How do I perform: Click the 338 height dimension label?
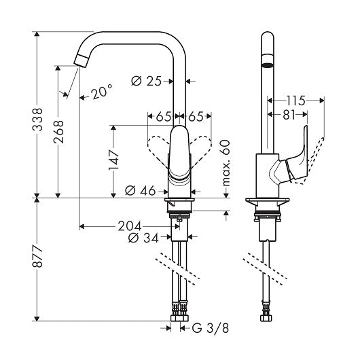(37, 120)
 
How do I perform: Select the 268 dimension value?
(58, 132)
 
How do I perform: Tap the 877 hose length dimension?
(37, 256)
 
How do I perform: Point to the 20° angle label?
(101, 92)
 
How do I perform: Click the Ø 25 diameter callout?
(146, 81)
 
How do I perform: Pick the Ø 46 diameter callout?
(141, 191)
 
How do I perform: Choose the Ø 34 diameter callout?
(143, 238)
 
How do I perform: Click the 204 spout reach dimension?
(130, 226)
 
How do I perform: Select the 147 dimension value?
(114, 160)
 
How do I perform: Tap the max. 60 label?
(226, 163)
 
